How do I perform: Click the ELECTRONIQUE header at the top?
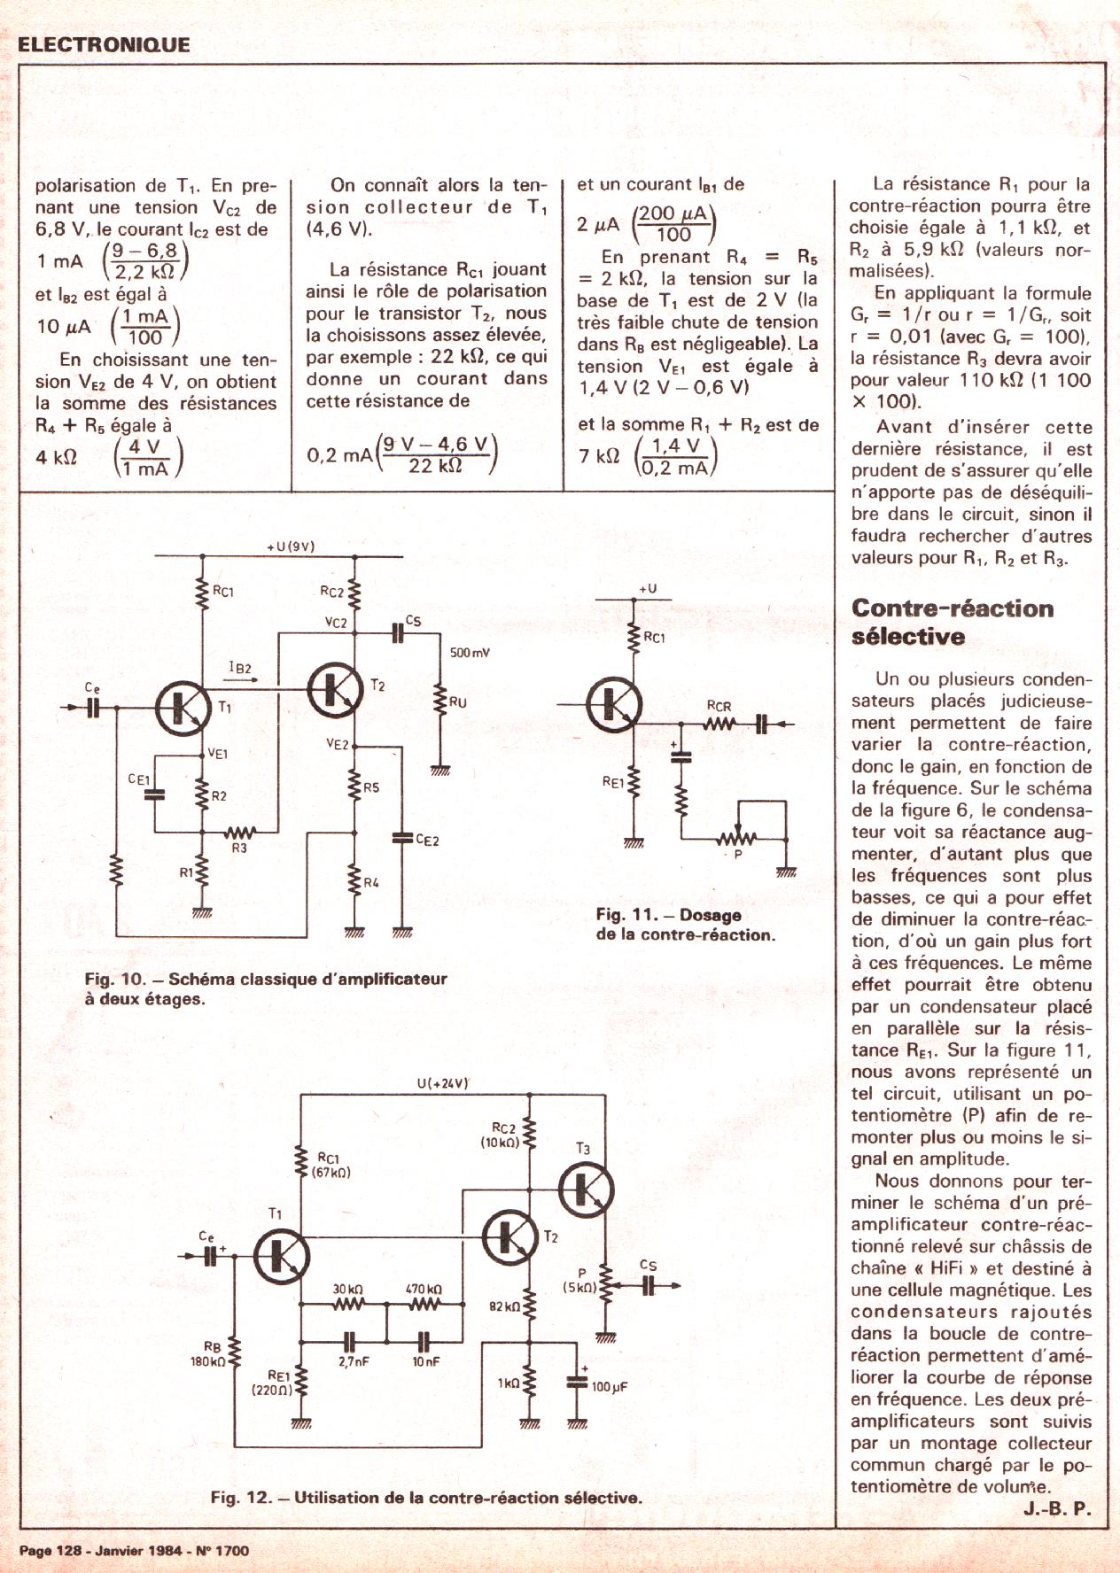pyautogui.click(x=104, y=44)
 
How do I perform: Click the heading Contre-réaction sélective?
pyautogui.click(x=953, y=622)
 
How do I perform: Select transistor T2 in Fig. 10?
pyautogui.click(x=335, y=688)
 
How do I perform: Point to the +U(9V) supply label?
pyautogui.click(x=290, y=546)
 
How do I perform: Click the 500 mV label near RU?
pyautogui.click(x=470, y=653)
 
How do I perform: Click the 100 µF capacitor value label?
pyautogui.click(x=609, y=1386)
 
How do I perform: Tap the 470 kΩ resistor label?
pyautogui.click(x=424, y=1289)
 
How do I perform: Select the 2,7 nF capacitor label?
pyautogui.click(x=353, y=1361)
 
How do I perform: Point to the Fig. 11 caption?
pyautogui.click(x=685, y=924)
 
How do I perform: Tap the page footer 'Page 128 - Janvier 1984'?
pyautogui.click(x=134, y=1550)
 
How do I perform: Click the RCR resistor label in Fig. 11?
pyautogui.click(x=719, y=706)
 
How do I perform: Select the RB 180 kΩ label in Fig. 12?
pyautogui.click(x=211, y=1353)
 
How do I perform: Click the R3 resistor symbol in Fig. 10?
pyautogui.click(x=239, y=833)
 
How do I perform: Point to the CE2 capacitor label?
pyautogui.click(x=427, y=840)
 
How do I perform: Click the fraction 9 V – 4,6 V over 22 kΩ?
pyautogui.click(x=435, y=454)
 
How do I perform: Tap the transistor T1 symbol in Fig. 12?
pyautogui.click(x=282, y=1257)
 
